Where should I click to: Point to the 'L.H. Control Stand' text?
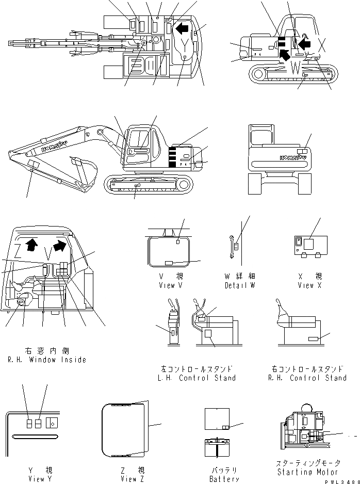click(198, 378)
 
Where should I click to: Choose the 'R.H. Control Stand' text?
click(308, 378)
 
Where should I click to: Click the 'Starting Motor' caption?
click(307, 472)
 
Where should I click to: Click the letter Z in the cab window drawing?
click(18, 251)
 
